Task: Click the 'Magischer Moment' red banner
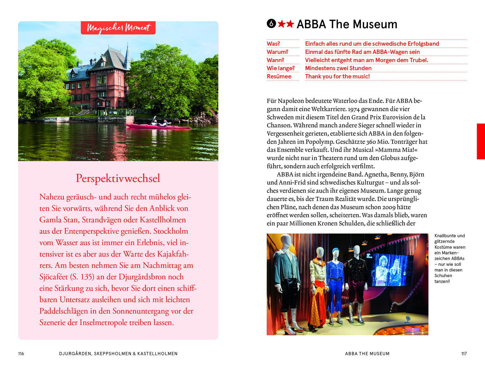pos(118,28)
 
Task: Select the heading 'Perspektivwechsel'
pos(118,178)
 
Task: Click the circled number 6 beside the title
pos(271,24)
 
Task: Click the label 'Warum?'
pos(277,52)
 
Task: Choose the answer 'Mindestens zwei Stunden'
pos(338,68)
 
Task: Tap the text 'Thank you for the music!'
pos(337,76)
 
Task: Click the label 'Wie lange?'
pos(281,68)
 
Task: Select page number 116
pos(21,353)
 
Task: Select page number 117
pos(464,353)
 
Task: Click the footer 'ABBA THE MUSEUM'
pos(367,353)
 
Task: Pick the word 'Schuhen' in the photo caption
pos(443,276)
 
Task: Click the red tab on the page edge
pos(481,141)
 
